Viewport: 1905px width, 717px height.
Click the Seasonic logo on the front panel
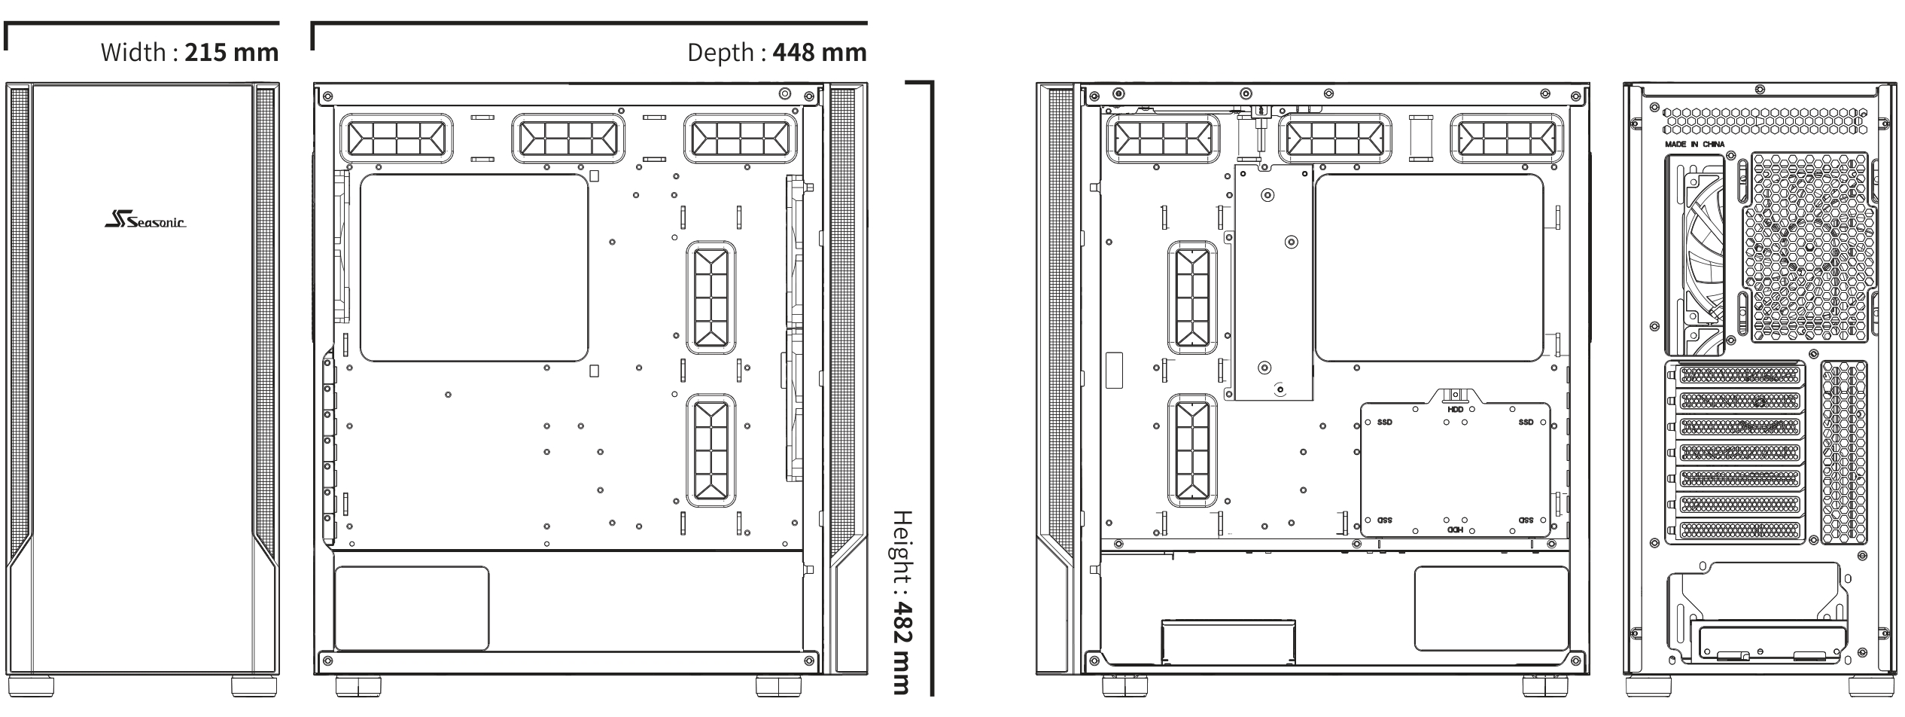(145, 221)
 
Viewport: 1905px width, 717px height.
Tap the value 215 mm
(232, 53)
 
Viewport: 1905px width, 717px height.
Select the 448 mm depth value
(820, 53)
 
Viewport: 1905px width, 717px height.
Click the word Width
(133, 53)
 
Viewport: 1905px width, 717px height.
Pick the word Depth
(720, 53)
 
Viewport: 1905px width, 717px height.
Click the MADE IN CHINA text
(1694, 144)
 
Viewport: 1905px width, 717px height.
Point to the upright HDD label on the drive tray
(1456, 409)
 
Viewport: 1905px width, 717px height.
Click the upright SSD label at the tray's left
(1385, 423)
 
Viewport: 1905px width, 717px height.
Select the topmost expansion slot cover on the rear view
(1741, 374)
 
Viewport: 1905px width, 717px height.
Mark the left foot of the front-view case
(32, 685)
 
